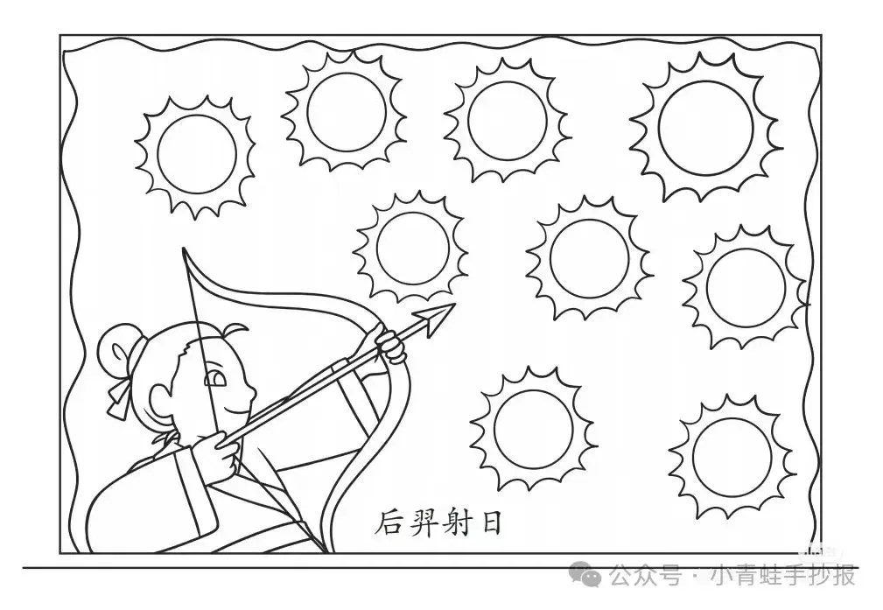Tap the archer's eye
(213, 379)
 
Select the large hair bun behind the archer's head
(116, 348)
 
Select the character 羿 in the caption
(427, 523)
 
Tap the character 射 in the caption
(462, 523)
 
